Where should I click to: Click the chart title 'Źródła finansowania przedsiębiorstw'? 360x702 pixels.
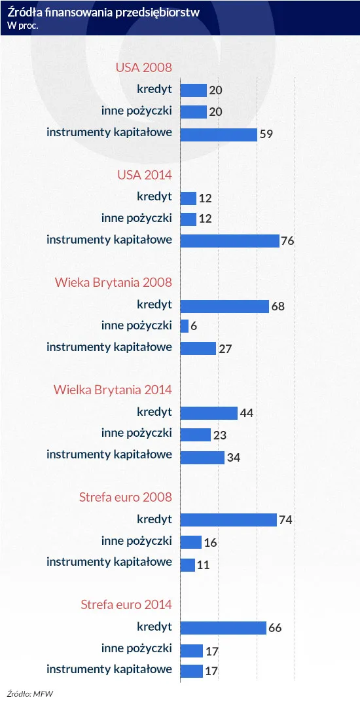tap(103, 12)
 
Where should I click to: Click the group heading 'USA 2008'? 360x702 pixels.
tap(144, 68)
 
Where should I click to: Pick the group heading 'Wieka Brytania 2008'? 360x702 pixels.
tap(113, 283)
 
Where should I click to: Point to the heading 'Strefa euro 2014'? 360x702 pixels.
tap(126, 604)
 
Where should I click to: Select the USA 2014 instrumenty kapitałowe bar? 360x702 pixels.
tap(230, 241)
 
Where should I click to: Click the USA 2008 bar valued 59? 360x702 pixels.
tap(219, 134)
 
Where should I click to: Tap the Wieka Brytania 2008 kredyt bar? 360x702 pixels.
tap(225, 306)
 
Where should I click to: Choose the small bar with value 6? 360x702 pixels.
tap(184, 326)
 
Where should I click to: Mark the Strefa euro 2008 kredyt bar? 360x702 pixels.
tap(228, 519)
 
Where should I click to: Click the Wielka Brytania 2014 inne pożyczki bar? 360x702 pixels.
tap(195, 434)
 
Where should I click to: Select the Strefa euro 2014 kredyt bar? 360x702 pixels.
tap(223, 628)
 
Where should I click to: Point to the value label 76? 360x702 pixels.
tap(287, 242)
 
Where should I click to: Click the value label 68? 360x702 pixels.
tap(278, 306)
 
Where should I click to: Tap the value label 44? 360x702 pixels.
tap(247, 413)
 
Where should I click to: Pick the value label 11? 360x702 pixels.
tap(204, 565)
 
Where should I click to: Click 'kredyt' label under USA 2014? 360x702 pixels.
tap(154, 196)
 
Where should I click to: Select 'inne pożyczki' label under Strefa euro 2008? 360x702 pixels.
tap(137, 541)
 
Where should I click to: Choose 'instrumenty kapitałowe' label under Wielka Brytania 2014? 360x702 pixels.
tap(109, 455)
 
